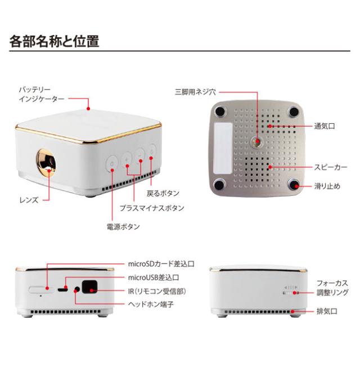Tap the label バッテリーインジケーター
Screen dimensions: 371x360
tap(39, 93)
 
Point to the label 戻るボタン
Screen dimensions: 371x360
tap(163, 193)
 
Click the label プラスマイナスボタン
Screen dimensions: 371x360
tap(151, 208)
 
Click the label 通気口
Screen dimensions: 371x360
tap(325, 127)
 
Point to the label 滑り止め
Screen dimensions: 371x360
tap(327, 186)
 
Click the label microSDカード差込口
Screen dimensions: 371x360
tap(160, 263)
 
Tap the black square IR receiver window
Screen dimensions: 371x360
tap(89, 288)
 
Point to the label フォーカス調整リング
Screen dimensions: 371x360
tap(332, 288)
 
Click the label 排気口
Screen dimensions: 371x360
tap(327, 311)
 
